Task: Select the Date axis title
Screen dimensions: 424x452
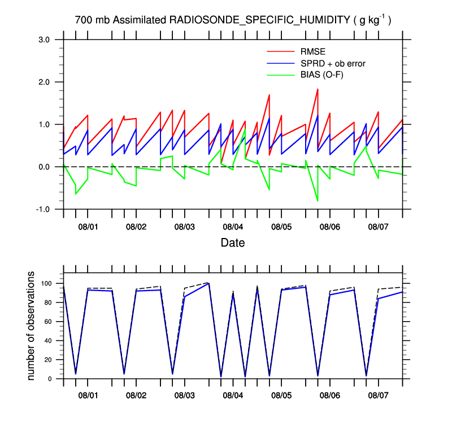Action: pos(232,243)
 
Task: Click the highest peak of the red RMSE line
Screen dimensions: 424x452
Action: pos(318,89)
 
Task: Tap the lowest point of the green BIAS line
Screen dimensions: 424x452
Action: pos(318,201)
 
